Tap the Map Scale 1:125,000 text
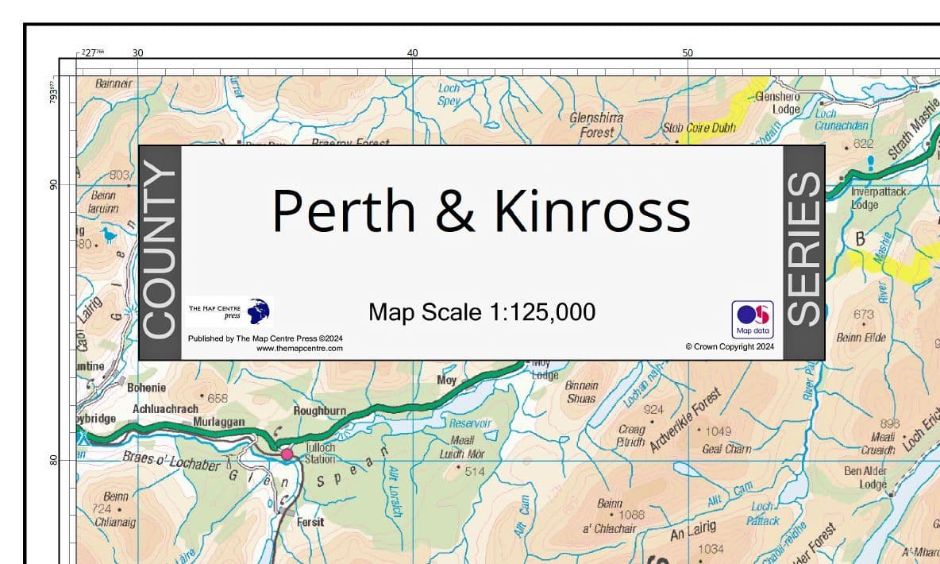(x=481, y=312)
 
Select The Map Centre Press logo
(x=229, y=311)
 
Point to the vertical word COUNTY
(x=160, y=252)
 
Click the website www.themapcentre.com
(x=299, y=349)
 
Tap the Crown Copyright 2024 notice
(x=729, y=347)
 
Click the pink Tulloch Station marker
(x=287, y=454)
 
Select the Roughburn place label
(x=320, y=411)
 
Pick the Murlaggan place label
(x=218, y=423)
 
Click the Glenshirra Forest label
(x=596, y=126)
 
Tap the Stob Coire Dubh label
(x=699, y=128)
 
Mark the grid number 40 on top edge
(x=413, y=52)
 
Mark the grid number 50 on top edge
(x=688, y=52)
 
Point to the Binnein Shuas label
(x=582, y=392)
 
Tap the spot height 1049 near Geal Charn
(x=713, y=431)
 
